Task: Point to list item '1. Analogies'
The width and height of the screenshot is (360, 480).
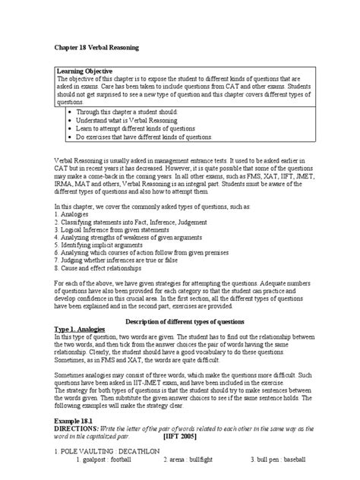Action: [74, 214]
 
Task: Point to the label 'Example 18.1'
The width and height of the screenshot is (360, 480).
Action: [80, 420]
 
